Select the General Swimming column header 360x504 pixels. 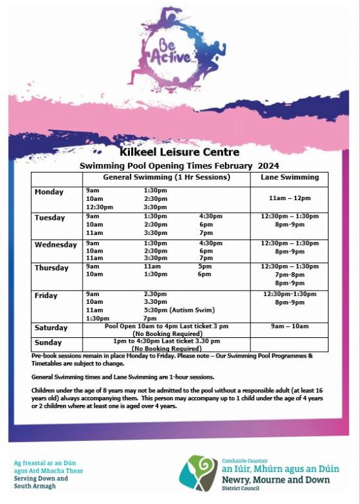pyautogui.click(x=166, y=177)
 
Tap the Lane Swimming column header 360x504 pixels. pyautogui.click(x=289, y=177)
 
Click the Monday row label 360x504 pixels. pyautogui.click(x=49, y=192)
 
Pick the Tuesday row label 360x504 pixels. pyautogui.click(x=50, y=218)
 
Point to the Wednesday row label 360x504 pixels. pyautogui.click(x=56, y=245)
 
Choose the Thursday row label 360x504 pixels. pyautogui.click(x=51, y=268)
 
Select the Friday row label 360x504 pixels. pyautogui.click(x=46, y=296)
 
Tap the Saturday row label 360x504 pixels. pyautogui.click(x=51, y=327)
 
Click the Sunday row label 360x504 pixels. pyautogui.click(x=48, y=343)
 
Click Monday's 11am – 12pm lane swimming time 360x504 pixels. pyautogui.click(x=289, y=198)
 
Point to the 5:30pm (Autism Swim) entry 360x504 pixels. pyautogui.click(x=172, y=310)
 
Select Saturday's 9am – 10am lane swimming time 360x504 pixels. pyautogui.click(x=289, y=326)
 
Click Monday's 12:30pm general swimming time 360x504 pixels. pyautogui.click(x=99, y=207)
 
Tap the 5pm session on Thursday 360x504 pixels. pyautogui.click(x=205, y=266)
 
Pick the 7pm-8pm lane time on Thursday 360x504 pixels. pyautogui.click(x=289, y=275)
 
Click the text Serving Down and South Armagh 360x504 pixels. pyautogui.click(x=41, y=482)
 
